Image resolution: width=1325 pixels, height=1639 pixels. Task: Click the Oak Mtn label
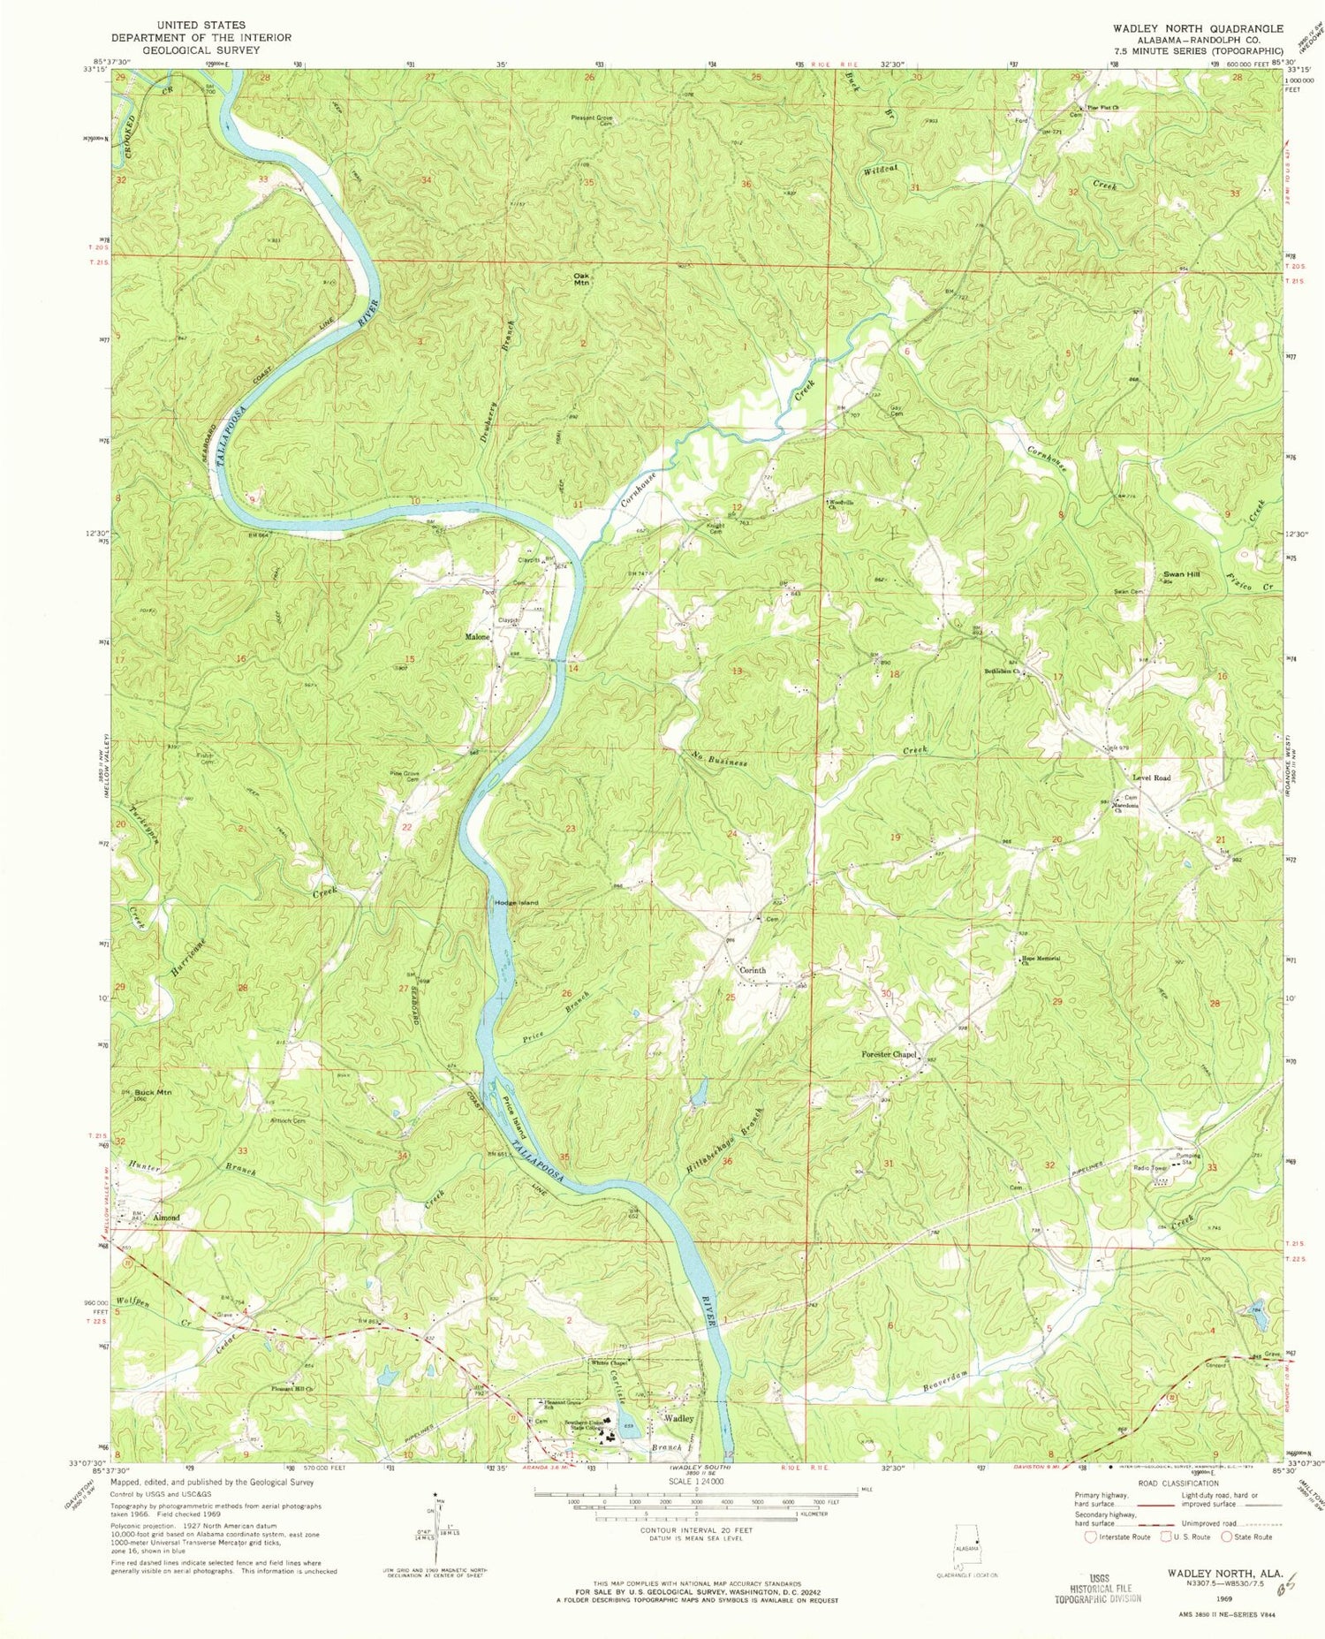point(581,278)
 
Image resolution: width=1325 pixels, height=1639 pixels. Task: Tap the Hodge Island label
point(516,902)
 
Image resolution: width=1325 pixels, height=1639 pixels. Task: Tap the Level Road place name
point(1151,778)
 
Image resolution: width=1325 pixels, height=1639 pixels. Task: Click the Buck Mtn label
point(153,1093)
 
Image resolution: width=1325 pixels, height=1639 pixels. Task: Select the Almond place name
point(166,1218)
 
